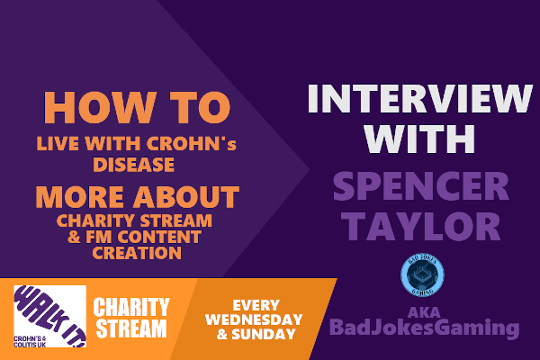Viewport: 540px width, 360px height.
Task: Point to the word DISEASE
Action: click(x=133, y=165)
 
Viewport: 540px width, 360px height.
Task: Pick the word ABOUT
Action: click(x=186, y=197)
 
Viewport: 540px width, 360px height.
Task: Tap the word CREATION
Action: click(x=137, y=253)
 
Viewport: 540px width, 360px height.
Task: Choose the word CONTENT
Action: click(x=159, y=237)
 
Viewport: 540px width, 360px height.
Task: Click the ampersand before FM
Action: click(x=75, y=237)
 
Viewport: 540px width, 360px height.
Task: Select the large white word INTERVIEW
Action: click(x=419, y=98)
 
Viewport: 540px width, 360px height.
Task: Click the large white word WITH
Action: click(x=419, y=139)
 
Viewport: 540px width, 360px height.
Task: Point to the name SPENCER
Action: click(x=421, y=186)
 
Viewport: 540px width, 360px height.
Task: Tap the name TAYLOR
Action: click(x=421, y=226)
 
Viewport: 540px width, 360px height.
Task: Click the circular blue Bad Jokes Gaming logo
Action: click(x=423, y=274)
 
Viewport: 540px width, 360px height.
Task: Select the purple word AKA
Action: click(x=424, y=312)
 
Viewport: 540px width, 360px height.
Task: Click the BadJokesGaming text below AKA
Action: click(x=424, y=328)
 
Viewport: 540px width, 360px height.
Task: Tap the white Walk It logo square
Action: click(x=49, y=316)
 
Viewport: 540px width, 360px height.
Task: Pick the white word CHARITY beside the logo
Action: click(x=131, y=307)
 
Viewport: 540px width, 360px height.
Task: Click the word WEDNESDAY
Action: click(x=254, y=319)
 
